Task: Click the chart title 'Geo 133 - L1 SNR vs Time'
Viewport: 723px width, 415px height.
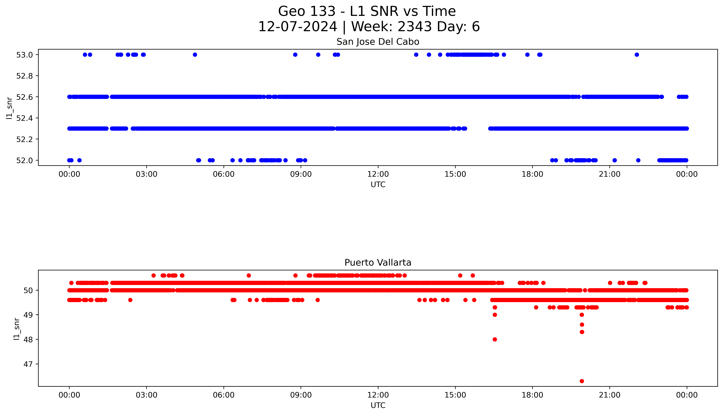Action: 367,11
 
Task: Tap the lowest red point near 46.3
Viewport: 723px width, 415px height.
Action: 582,381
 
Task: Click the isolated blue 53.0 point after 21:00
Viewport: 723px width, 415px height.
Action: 637,55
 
